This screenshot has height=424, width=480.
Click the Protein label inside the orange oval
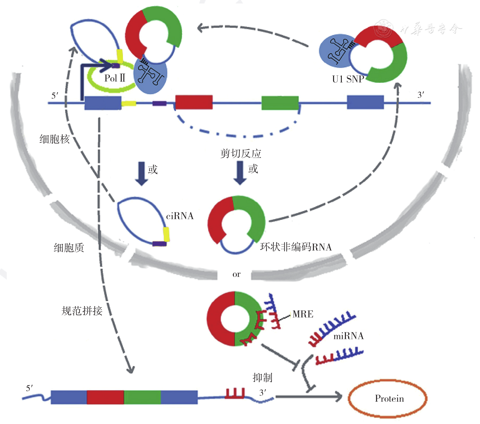[389, 399]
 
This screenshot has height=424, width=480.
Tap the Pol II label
[115, 78]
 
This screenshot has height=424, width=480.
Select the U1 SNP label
[348, 79]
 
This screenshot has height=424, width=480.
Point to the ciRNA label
[180, 216]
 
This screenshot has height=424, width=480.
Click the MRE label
[303, 314]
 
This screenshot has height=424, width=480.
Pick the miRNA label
[348, 336]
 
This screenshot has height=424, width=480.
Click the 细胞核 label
[54, 139]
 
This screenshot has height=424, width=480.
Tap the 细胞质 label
[69, 248]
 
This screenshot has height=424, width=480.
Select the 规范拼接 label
[82, 311]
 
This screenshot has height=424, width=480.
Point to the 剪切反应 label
[241, 154]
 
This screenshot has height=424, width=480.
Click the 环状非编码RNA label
[296, 247]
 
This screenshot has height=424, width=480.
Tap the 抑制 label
[262, 378]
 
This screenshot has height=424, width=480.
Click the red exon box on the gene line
[194, 102]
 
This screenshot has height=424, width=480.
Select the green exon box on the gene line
[280, 103]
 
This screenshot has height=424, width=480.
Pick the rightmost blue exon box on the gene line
[365, 102]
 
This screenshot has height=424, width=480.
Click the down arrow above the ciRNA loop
[142, 174]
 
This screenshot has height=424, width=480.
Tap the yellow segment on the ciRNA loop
[166, 234]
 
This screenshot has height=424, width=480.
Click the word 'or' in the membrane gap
[236, 274]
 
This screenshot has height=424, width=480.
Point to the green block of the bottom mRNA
[142, 397]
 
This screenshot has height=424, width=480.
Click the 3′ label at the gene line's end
[421, 95]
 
